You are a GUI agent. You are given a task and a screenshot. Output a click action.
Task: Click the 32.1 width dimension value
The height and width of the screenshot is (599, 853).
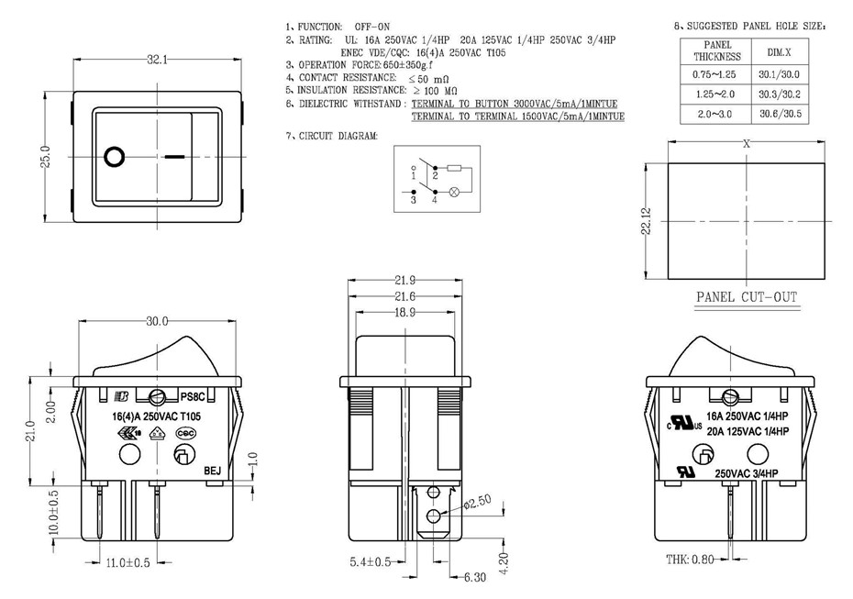(x=157, y=60)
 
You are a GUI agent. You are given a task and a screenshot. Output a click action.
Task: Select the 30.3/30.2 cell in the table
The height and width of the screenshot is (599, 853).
(x=779, y=94)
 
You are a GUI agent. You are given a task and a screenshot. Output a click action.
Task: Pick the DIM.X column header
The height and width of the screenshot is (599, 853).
(x=779, y=56)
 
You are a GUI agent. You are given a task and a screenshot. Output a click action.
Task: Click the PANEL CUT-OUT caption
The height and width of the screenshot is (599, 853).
(x=747, y=297)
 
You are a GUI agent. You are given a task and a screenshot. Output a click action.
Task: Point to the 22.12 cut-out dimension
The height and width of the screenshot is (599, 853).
(x=648, y=220)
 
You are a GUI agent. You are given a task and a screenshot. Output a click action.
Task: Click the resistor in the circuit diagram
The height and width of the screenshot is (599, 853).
(x=453, y=168)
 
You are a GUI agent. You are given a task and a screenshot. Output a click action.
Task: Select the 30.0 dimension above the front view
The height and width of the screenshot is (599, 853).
(x=158, y=322)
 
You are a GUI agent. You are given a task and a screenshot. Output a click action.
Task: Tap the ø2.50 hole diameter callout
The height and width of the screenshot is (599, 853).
(x=478, y=502)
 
